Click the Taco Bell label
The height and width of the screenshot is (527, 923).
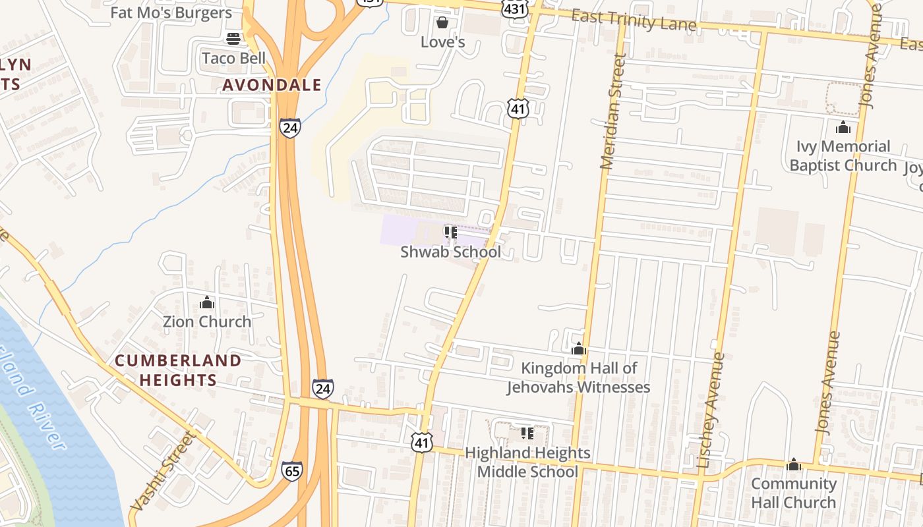(233, 58)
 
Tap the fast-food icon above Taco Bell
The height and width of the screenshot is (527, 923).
(233, 39)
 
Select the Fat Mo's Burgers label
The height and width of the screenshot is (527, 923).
(171, 13)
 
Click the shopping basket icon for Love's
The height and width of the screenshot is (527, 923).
(442, 23)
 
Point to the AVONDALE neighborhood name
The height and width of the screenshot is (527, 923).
(272, 85)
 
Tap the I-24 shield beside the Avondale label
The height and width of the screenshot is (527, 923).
(289, 127)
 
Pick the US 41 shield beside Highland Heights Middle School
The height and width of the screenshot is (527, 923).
(422, 443)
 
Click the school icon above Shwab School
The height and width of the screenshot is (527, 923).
(450, 232)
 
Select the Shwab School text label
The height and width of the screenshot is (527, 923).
(450, 252)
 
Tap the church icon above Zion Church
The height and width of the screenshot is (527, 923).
(207, 303)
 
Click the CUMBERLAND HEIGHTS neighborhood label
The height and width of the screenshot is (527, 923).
(178, 370)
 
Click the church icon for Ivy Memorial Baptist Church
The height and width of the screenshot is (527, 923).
(843, 128)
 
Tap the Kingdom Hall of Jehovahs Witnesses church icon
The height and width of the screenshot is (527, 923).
(578, 349)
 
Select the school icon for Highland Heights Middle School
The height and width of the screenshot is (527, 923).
(527, 433)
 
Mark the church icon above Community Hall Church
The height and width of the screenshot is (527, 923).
(793, 465)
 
